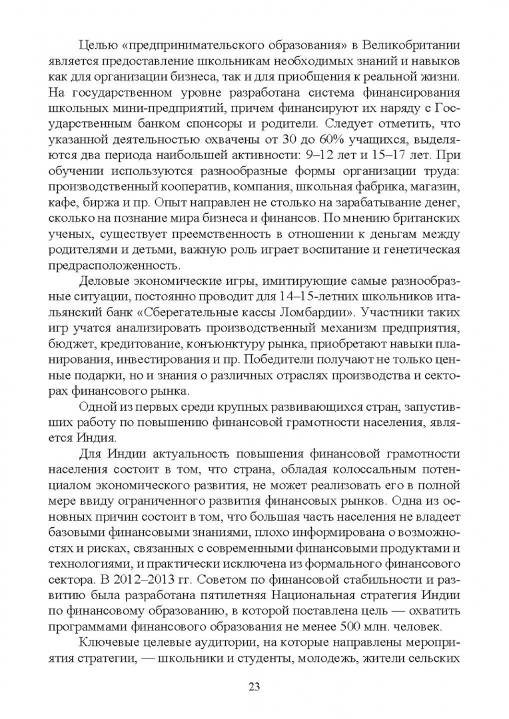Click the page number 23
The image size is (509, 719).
[254, 686]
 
